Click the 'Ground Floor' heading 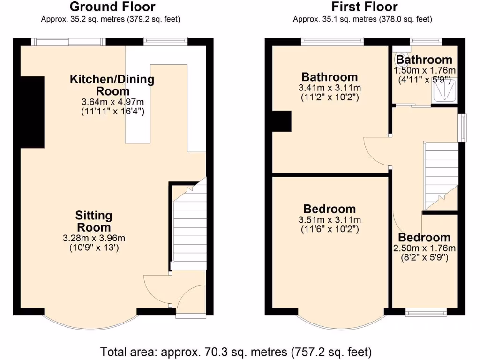(112, 7)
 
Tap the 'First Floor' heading (364, 7)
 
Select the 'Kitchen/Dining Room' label (112, 85)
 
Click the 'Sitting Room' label (94, 221)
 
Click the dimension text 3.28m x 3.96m (94, 238)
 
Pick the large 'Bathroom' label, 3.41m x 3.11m (330, 77)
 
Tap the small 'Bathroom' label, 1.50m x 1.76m (424, 60)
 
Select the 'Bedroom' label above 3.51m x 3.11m (330, 209)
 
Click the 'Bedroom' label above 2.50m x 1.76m (425, 237)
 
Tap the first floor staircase (440, 173)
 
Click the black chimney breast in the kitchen (32, 112)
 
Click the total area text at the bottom (236, 351)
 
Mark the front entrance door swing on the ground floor (192, 300)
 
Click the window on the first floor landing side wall (463, 127)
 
